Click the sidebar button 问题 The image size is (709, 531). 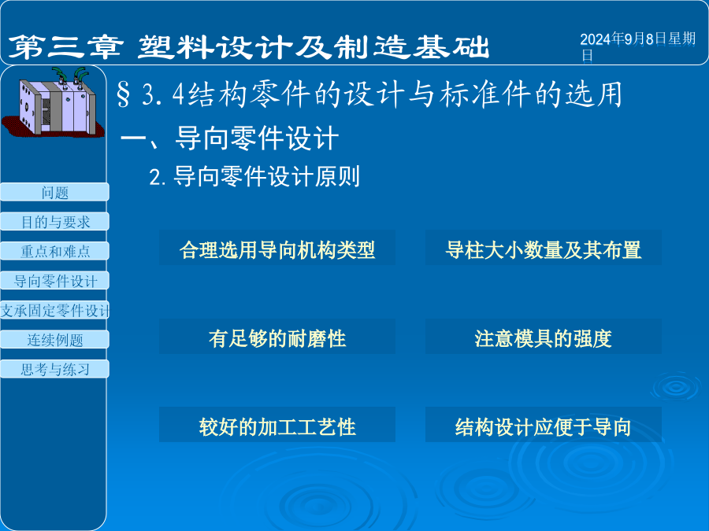pos(54,193)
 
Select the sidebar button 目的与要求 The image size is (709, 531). pos(54,222)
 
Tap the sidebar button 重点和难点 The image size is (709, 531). pos(54,251)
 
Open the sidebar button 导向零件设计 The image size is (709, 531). pos(54,281)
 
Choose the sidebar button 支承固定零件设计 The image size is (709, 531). pos(54,310)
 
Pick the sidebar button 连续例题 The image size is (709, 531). pos(54,340)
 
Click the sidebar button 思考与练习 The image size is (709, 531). pos(54,369)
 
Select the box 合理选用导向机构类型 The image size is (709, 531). pos(277,248)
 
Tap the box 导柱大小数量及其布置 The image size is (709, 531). pos(543,248)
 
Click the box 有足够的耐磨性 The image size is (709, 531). pos(277,337)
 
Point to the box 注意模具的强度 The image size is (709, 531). pos(543,337)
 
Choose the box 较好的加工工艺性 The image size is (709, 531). pos(277,425)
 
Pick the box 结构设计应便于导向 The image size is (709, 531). pos(543,425)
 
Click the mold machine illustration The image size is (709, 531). pos(54,103)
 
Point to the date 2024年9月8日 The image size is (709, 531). pos(624,39)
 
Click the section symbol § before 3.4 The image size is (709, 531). pos(123,94)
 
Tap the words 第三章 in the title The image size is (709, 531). pos(65,47)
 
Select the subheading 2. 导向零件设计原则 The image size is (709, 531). pos(254,176)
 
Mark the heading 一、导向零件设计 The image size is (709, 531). pos(230,138)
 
